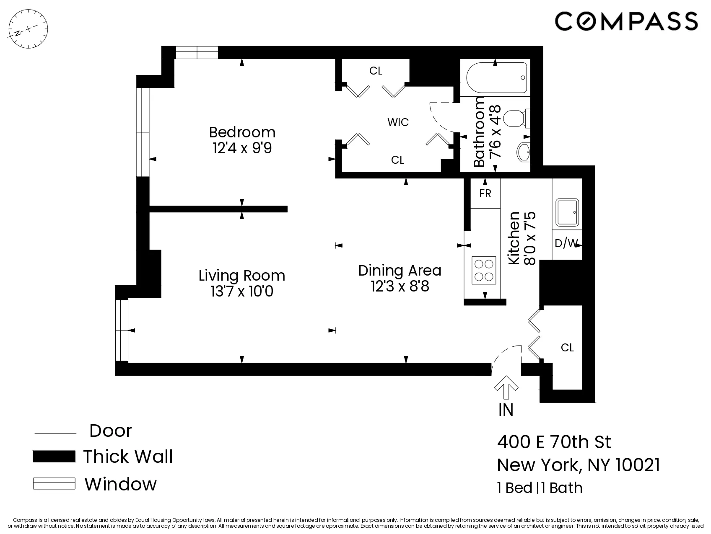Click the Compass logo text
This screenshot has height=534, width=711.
click(x=626, y=21)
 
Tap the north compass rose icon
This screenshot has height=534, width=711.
click(x=29, y=29)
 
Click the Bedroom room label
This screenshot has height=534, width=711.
click(x=242, y=132)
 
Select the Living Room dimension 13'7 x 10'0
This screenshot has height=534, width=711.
click(x=242, y=291)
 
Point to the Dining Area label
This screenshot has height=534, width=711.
click(x=400, y=271)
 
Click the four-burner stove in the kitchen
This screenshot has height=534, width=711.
click(x=483, y=270)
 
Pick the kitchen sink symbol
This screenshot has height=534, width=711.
click(x=567, y=212)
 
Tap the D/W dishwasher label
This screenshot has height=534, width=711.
click(x=566, y=243)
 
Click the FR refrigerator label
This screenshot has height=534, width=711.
click(x=485, y=193)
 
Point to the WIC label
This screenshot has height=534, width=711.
click(x=398, y=122)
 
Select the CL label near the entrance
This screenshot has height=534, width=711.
click(x=567, y=348)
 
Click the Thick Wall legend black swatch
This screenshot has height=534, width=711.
click(x=54, y=457)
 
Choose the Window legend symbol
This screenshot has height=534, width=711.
click(x=54, y=484)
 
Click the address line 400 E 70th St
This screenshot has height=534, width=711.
click(x=554, y=442)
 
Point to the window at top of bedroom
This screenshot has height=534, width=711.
click(x=197, y=53)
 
